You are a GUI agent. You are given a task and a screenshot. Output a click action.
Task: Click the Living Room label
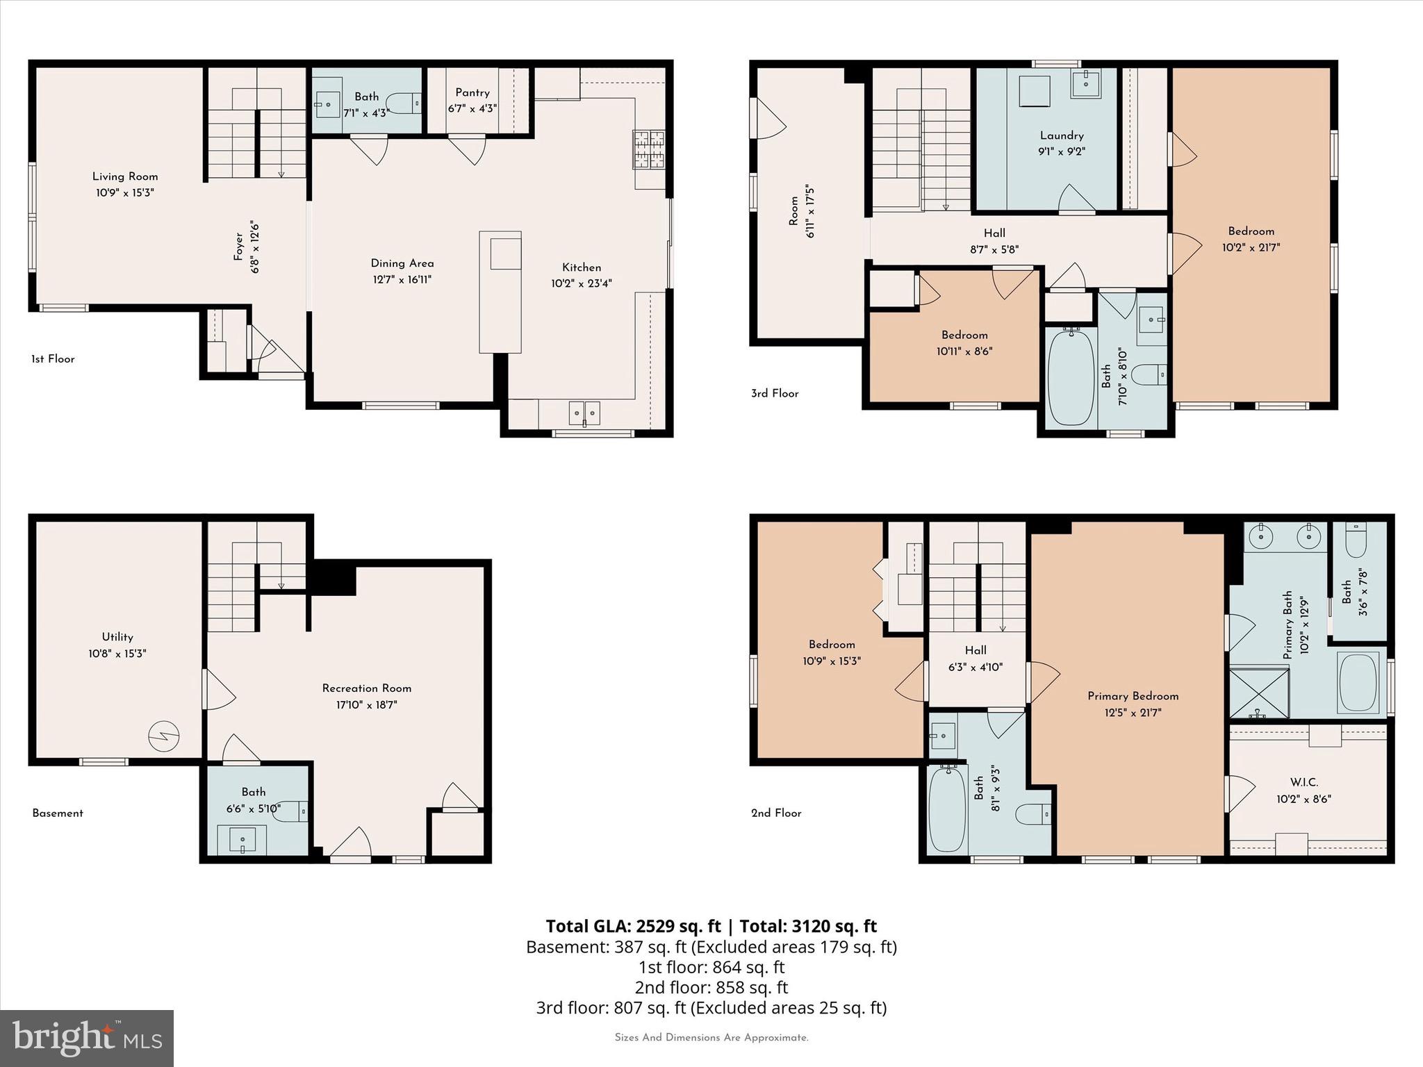[125, 176]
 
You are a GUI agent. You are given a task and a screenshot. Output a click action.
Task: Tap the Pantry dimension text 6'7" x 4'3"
[472, 109]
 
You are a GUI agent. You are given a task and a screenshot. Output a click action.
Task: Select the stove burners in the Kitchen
[649, 150]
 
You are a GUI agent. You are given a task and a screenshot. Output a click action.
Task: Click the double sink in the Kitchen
[584, 413]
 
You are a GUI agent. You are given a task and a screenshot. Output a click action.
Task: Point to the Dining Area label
[402, 263]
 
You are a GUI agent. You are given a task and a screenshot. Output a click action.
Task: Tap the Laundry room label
[1062, 135]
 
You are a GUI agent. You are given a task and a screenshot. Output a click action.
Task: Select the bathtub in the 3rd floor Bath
[1071, 377]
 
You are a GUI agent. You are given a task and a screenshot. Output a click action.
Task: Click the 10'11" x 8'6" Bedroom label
[964, 335]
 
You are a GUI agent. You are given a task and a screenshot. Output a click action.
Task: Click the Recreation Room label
[367, 688]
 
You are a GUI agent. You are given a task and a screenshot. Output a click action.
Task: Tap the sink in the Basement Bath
[242, 841]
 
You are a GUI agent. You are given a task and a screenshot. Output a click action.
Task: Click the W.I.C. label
[1304, 782]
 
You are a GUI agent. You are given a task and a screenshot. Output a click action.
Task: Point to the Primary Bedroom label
[1133, 696]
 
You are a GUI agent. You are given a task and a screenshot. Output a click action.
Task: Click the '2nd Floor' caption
[776, 813]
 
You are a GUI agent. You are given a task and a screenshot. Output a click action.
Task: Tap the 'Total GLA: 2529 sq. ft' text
[633, 926]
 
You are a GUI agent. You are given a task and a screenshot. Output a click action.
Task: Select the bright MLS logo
[87, 1038]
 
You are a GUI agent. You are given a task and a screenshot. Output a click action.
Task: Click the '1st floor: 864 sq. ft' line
[711, 967]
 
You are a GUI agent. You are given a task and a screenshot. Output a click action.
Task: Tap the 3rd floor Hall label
[994, 233]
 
